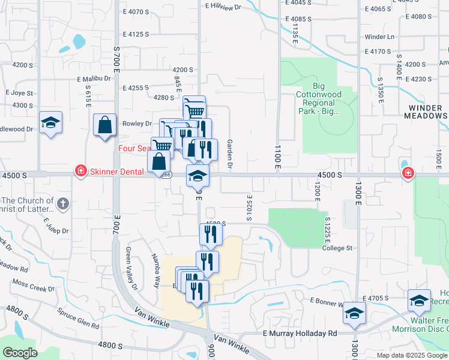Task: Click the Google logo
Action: pos(20,353)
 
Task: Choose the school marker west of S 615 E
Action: pos(50,124)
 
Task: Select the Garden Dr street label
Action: pos(229,154)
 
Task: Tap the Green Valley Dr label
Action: pos(131,269)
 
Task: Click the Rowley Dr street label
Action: pos(137,124)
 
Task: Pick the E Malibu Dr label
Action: pos(94,79)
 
